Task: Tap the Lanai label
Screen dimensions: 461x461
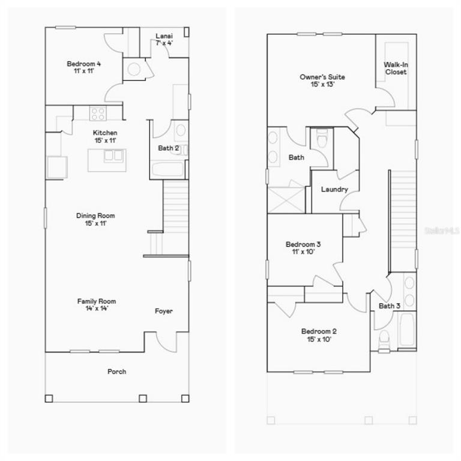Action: point(164,36)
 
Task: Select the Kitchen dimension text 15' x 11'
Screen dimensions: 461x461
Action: point(104,140)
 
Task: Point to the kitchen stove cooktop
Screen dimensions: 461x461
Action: point(98,113)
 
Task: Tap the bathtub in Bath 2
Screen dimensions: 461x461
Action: point(167,169)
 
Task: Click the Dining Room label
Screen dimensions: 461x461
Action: point(95,215)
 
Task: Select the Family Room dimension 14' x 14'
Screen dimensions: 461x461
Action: point(96,309)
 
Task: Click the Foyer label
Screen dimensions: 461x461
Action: point(164,311)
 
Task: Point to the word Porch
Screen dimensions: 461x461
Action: point(116,372)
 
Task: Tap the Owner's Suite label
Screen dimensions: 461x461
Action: point(322,77)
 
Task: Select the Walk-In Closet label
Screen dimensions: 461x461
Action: point(395,68)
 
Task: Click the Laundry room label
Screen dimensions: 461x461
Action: point(334,190)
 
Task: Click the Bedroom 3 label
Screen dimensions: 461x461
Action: point(303,244)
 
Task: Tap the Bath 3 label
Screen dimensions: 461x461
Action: point(390,306)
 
